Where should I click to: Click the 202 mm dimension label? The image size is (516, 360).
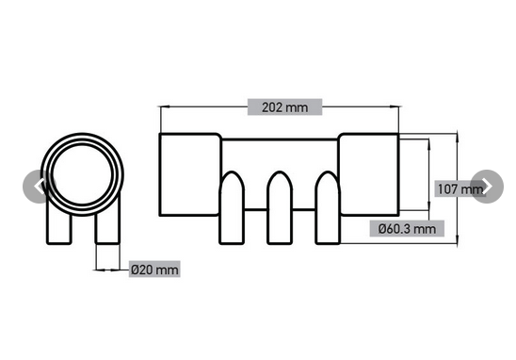(284, 106)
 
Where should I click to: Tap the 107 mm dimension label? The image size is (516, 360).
(460, 188)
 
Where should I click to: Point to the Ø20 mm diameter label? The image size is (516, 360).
(153, 270)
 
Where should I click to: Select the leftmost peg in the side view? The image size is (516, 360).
(232, 209)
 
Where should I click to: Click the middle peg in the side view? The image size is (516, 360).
(279, 209)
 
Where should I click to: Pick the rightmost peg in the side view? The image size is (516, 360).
(326, 209)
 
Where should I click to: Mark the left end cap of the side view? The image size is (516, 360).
(189, 175)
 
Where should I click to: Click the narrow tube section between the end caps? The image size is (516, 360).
(279, 155)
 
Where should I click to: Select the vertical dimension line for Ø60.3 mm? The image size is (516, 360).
(430, 179)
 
